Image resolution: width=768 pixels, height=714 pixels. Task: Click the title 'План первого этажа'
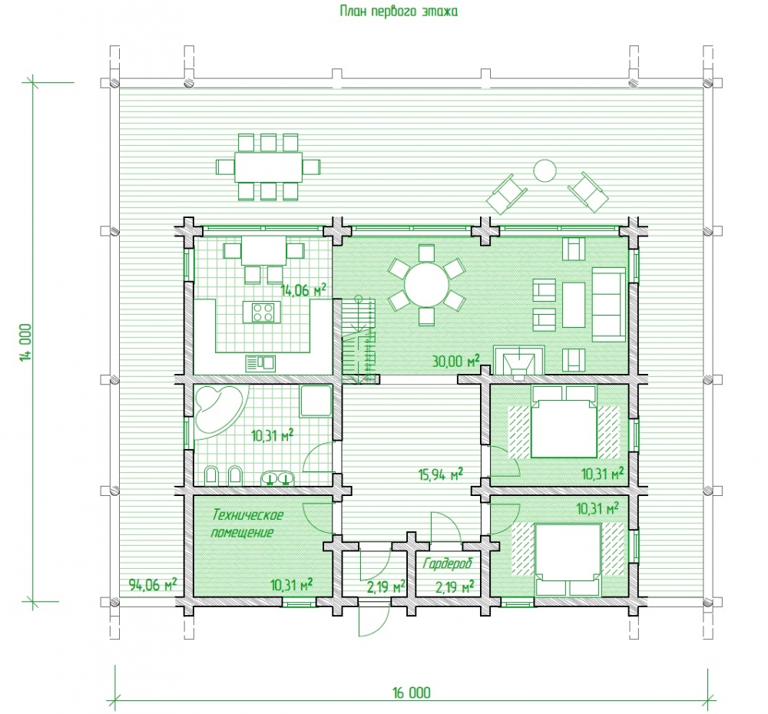[x=399, y=11]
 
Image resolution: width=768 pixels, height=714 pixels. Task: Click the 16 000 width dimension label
[x=412, y=693]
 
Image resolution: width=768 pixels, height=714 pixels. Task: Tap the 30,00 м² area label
[x=455, y=362]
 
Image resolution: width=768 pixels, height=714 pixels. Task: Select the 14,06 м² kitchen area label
[x=303, y=290]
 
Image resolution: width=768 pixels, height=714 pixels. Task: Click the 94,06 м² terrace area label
[x=152, y=584]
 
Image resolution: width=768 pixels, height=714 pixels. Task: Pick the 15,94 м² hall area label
[x=440, y=474]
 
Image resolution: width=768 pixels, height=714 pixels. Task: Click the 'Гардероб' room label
[x=447, y=564]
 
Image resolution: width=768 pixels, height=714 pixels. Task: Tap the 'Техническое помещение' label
[x=247, y=524]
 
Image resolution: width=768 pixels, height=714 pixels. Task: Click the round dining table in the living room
[x=426, y=285]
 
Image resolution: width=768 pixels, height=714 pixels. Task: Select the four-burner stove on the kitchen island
[x=262, y=312]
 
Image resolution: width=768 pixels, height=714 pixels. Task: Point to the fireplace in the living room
[x=519, y=361]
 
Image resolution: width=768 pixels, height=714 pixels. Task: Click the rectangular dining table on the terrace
[x=268, y=167]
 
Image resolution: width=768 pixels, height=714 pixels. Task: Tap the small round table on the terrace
[x=545, y=171]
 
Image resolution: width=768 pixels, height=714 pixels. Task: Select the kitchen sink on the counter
[x=260, y=363]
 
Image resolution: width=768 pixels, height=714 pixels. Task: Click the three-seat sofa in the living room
[x=609, y=304]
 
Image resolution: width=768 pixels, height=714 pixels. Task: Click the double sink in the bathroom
[x=278, y=478]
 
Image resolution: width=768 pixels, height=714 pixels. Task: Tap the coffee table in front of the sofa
[x=574, y=305]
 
